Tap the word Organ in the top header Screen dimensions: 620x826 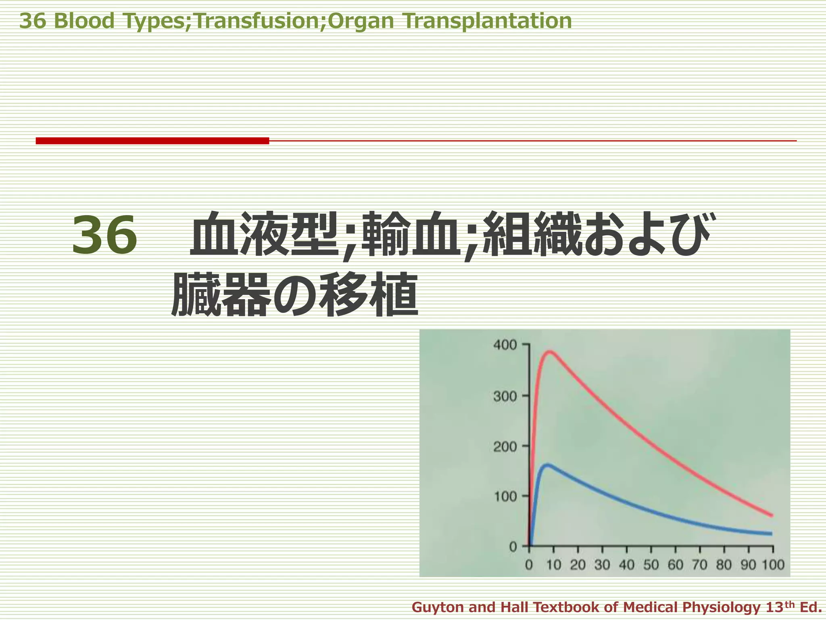click(x=361, y=22)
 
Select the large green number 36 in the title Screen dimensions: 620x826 click(x=104, y=235)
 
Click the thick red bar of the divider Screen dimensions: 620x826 click(x=152, y=140)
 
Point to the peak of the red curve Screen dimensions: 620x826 click(x=549, y=351)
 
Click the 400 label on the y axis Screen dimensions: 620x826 click(x=505, y=345)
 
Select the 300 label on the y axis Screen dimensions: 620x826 click(x=505, y=396)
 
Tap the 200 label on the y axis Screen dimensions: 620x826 click(x=505, y=447)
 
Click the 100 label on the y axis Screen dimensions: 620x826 click(x=505, y=496)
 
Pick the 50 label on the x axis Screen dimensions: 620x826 click(x=651, y=565)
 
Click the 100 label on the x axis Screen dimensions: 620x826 click(x=773, y=565)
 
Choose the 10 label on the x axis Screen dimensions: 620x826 click(x=554, y=565)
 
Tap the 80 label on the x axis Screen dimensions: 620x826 click(x=724, y=565)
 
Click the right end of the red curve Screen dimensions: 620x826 click(x=771, y=515)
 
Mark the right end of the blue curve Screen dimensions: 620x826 click(x=771, y=534)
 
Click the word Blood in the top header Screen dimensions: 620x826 click(x=84, y=21)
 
